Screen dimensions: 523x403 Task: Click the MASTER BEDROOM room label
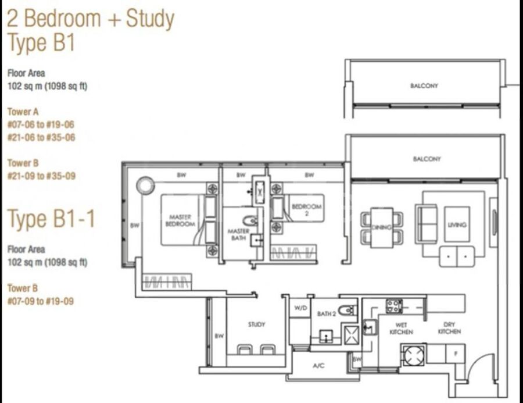tap(180, 221)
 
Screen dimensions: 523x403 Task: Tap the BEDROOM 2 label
tap(306, 210)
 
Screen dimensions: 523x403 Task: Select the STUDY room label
tap(256, 324)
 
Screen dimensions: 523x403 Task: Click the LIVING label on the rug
tap(457, 224)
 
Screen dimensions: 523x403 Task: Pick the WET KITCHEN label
tap(401, 329)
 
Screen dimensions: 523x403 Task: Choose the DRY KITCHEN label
tap(449, 328)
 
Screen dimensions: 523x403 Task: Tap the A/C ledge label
tap(318, 366)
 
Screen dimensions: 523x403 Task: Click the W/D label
tap(300, 308)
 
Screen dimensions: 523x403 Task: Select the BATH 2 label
tap(327, 314)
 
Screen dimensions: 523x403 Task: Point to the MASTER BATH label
tap(238, 234)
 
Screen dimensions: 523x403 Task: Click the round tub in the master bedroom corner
tap(145, 186)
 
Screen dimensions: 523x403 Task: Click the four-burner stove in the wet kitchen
tap(394, 306)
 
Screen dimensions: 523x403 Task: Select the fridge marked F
tap(455, 354)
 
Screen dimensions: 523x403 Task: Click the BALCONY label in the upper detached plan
tap(424, 86)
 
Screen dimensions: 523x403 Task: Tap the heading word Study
tap(150, 19)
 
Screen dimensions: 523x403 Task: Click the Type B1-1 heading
tap(51, 219)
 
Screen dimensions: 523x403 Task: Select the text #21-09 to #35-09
tap(41, 176)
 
